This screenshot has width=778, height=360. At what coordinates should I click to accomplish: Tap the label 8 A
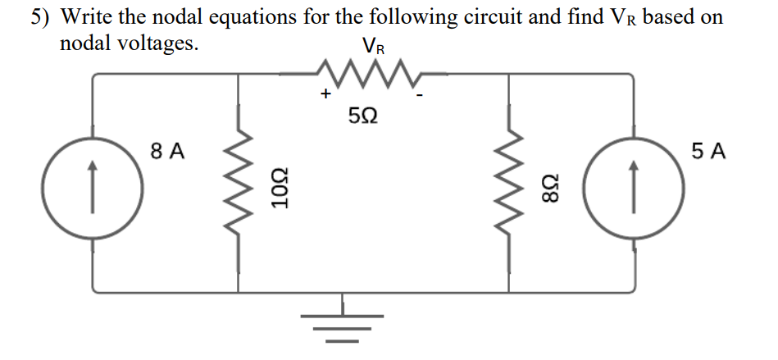click(x=168, y=151)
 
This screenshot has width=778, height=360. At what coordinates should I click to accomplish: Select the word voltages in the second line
click(x=161, y=43)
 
